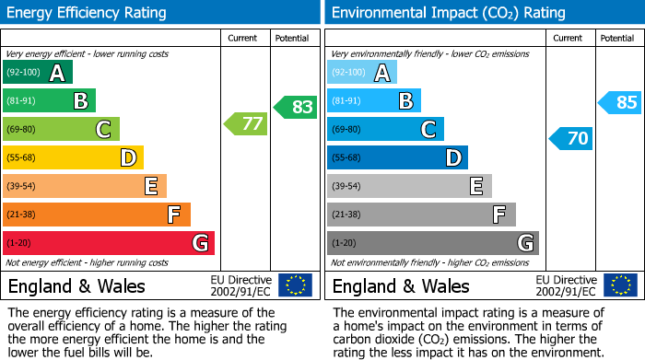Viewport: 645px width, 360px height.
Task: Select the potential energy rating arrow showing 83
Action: click(x=295, y=107)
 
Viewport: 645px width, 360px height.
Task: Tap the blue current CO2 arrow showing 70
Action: click(x=570, y=139)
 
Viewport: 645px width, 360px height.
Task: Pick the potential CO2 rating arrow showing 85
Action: click(x=620, y=102)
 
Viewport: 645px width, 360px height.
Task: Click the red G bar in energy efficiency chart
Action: click(x=109, y=243)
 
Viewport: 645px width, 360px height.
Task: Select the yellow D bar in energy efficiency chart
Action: click(x=74, y=157)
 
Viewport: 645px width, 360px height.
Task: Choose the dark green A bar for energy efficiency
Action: click(x=38, y=73)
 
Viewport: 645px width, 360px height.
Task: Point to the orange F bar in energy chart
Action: click(x=97, y=215)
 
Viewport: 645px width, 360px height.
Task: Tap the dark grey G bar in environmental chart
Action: click(x=432, y=243)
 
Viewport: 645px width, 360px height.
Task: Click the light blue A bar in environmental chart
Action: click(x=362, y=73)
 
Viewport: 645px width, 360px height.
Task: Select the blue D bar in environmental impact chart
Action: click(x=397, y=157)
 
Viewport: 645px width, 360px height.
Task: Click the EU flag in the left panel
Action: click(x=295, y=285)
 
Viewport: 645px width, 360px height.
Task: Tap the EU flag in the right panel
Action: click(x=619, y=285)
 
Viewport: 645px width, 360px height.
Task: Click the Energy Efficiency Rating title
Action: click(x=88, y=13)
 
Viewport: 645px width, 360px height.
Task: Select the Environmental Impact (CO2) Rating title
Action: click(x=448, y=13)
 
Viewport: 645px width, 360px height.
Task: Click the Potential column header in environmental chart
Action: click(x=616, y=38)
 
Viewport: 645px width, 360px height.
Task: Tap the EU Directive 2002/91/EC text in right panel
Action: click(x=566, y=285)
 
